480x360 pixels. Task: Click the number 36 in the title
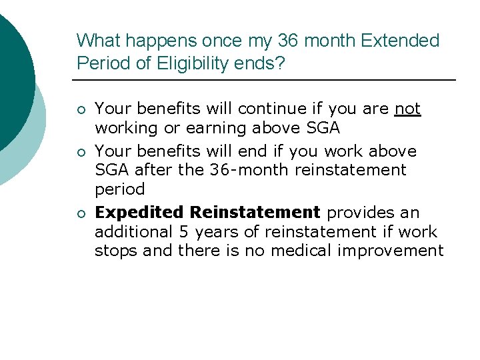pos(289,41)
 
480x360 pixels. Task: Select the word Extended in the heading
pos(401,41)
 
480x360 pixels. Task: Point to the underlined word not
pos(407,109)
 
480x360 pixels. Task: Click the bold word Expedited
pos(139,213)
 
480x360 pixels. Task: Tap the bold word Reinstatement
pos(255,213)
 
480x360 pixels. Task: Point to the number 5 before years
pos(184,232)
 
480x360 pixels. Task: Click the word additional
pos(133,232)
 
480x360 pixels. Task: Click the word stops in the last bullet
pos(115,251)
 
